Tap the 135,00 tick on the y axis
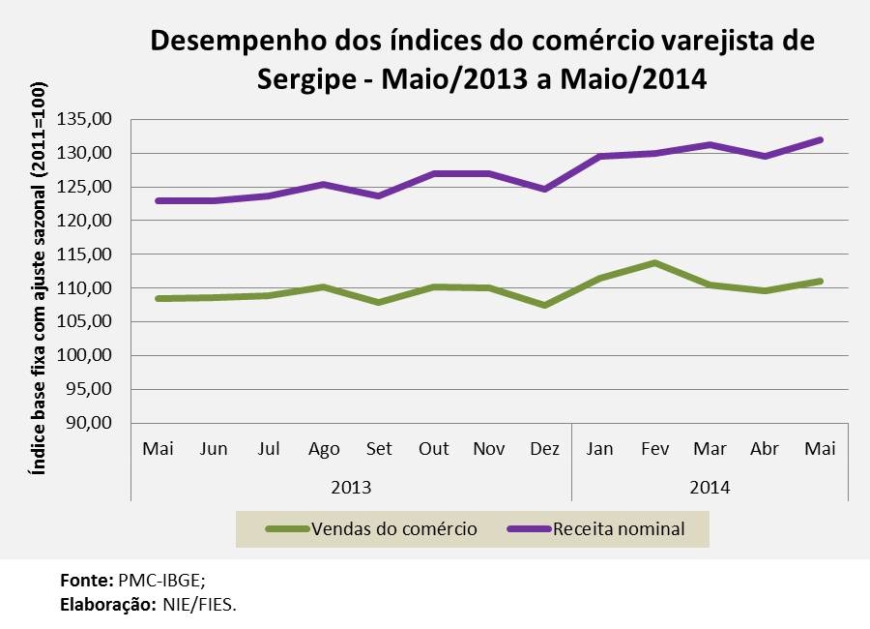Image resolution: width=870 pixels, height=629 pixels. pos(86,119)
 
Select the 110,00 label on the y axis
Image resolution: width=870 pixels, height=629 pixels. pos(86,288)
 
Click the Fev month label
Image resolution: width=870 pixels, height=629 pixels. pos(655,449)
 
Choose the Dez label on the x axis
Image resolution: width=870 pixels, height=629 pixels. pos(545,449)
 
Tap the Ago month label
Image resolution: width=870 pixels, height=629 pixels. pos(324,449)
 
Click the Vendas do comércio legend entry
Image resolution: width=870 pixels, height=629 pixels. pos(393,529)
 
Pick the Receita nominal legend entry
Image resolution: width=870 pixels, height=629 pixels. pos(618,529)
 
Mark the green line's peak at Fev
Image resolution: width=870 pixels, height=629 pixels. pos(655,262)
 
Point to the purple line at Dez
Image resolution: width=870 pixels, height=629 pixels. pos(545,189)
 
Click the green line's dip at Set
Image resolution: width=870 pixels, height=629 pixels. pos(379,302)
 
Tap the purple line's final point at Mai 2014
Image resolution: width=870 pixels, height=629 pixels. pos(821,139)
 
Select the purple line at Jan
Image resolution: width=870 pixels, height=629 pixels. pos(600,156)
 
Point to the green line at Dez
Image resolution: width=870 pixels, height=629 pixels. pos(545,305)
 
